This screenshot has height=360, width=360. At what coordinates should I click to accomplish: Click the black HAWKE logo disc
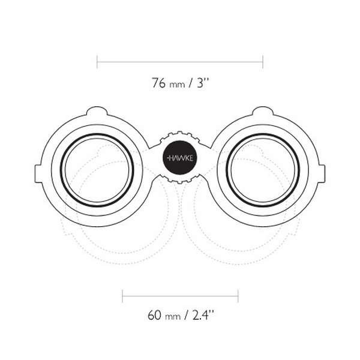179,158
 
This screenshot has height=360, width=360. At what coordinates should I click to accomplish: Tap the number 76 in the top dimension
158,83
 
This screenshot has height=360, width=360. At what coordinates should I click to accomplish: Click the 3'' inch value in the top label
203,83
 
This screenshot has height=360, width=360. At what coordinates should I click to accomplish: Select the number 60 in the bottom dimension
155,315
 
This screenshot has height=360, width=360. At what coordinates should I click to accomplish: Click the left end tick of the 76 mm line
97,62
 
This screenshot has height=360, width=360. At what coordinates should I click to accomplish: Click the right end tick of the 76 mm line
263,62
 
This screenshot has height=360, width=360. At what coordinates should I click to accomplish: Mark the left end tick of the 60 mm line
122,296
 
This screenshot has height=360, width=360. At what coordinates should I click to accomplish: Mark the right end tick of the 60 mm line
238,296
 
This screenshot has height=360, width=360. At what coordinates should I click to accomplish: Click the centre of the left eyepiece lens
97,170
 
